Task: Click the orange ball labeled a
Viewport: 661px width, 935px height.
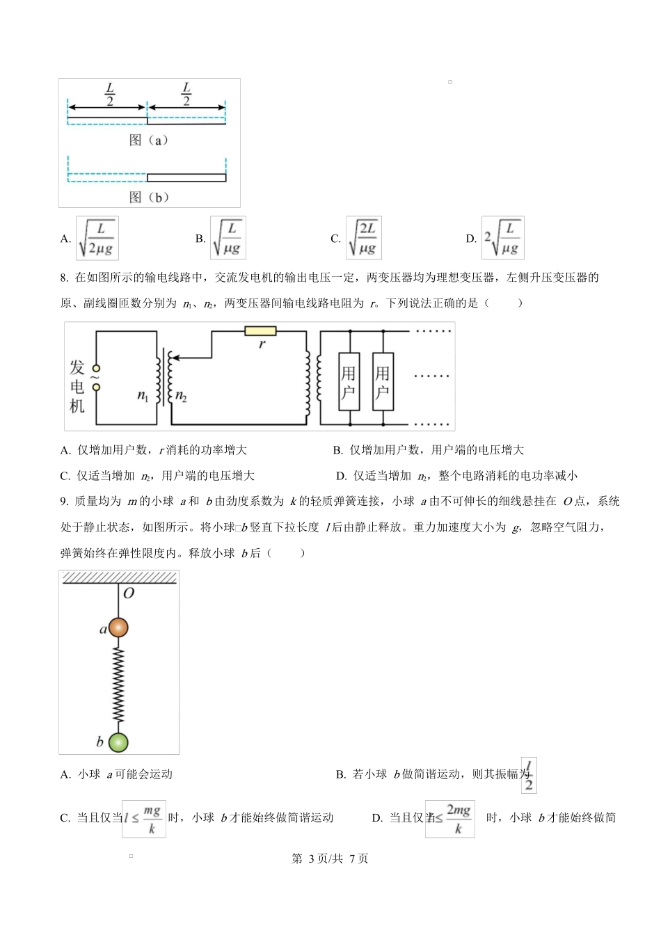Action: (x=118, y=627)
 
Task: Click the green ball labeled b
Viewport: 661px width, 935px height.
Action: (x=118, y=742)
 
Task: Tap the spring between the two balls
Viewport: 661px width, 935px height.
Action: (x=118, y=685)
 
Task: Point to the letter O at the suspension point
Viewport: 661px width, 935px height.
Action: (x=128, y=593)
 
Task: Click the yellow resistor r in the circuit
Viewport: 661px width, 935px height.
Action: (x=260, y=330)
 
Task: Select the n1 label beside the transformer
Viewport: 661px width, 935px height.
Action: (x=143, y=396)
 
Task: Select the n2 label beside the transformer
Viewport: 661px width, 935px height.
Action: (x=181, y=396)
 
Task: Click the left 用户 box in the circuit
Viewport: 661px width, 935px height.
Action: (x=349, y=382)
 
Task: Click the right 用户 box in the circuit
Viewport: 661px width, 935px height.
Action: (x=383, y=382)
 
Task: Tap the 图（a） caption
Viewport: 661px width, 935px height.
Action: (x=149, y=140)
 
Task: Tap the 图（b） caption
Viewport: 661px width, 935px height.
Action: (x=149, y=197)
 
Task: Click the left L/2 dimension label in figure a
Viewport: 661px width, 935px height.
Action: (x=109, y=94)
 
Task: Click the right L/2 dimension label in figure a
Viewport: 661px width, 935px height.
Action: (x=186, y=94)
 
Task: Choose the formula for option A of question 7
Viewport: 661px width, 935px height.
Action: (x=97, y=238)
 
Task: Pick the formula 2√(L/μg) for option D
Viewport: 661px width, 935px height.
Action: (x=502, y=238)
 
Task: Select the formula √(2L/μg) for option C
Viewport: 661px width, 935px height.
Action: (x=364, y=238)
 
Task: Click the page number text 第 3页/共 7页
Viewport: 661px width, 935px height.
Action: (x=330, y=858)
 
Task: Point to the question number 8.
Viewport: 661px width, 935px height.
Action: (x=63, y=278)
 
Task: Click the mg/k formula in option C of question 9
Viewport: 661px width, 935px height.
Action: (x=145, y=819)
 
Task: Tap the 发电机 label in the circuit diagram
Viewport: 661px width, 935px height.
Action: (x=77, y=387)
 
